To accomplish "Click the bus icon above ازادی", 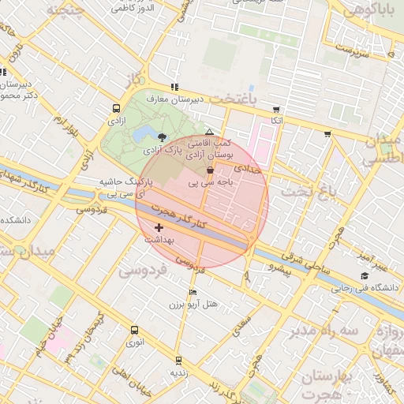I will (117, 109).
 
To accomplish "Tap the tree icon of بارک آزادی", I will (162, 137).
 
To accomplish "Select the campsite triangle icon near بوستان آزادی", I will (209, 133).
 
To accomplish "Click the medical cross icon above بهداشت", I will (160, 227).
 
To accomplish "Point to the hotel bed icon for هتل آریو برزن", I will (193, 292).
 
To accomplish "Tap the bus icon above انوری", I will (133, 331).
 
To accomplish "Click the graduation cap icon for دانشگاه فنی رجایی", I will (364, 275).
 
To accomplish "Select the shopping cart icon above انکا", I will (275, 110).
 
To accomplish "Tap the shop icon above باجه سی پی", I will (209, 170).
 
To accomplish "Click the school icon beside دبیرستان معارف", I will (174, 88).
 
